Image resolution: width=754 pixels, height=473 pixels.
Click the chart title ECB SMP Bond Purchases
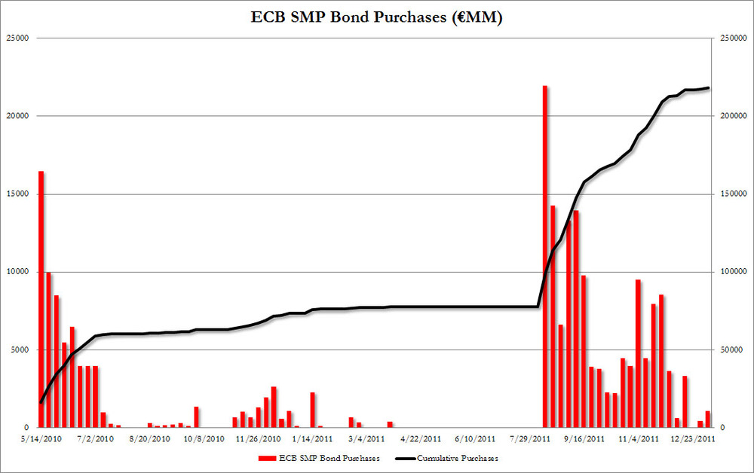point(376,17)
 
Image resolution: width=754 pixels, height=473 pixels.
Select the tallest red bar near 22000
point(545,256)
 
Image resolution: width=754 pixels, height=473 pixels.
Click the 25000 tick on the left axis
point(18,38)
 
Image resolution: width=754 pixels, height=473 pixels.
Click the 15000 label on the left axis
point(18,194)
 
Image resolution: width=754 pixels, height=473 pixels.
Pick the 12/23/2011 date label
point(693,438)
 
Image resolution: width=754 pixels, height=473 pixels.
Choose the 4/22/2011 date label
point(421,438)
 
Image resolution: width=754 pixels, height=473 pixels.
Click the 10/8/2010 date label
point(204,438)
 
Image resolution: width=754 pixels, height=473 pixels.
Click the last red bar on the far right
point(707,420)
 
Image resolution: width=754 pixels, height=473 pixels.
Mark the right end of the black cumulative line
point(708,88)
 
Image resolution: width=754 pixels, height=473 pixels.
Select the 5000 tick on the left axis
point(20,349)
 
